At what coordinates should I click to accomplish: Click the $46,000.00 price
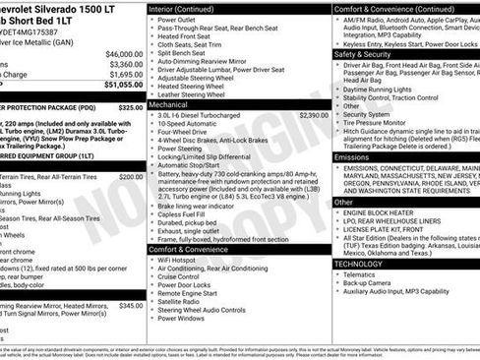(118, 53)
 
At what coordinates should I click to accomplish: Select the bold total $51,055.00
(118, 86)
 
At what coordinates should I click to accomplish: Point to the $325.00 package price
(129, 105)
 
